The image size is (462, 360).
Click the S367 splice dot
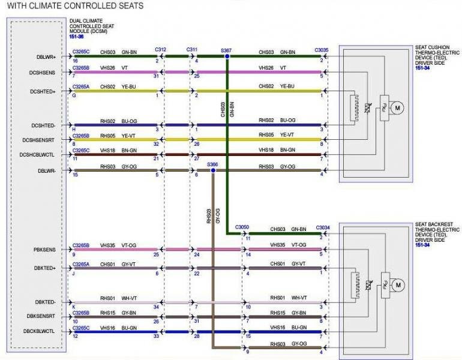(227, 56)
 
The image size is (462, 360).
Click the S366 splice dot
(213, 170)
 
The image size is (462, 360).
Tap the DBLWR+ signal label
(46, 57)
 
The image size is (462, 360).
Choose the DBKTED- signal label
(46, 302)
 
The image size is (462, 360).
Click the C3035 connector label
(322, 50)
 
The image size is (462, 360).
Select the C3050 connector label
(242, 227)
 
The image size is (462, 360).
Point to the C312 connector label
(160, 49)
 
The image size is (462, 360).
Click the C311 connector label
(192, 49)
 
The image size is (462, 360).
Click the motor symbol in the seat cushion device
(396, 107)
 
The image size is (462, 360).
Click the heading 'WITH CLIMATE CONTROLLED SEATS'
(75, 7)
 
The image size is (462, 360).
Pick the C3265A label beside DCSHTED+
(81, 86)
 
